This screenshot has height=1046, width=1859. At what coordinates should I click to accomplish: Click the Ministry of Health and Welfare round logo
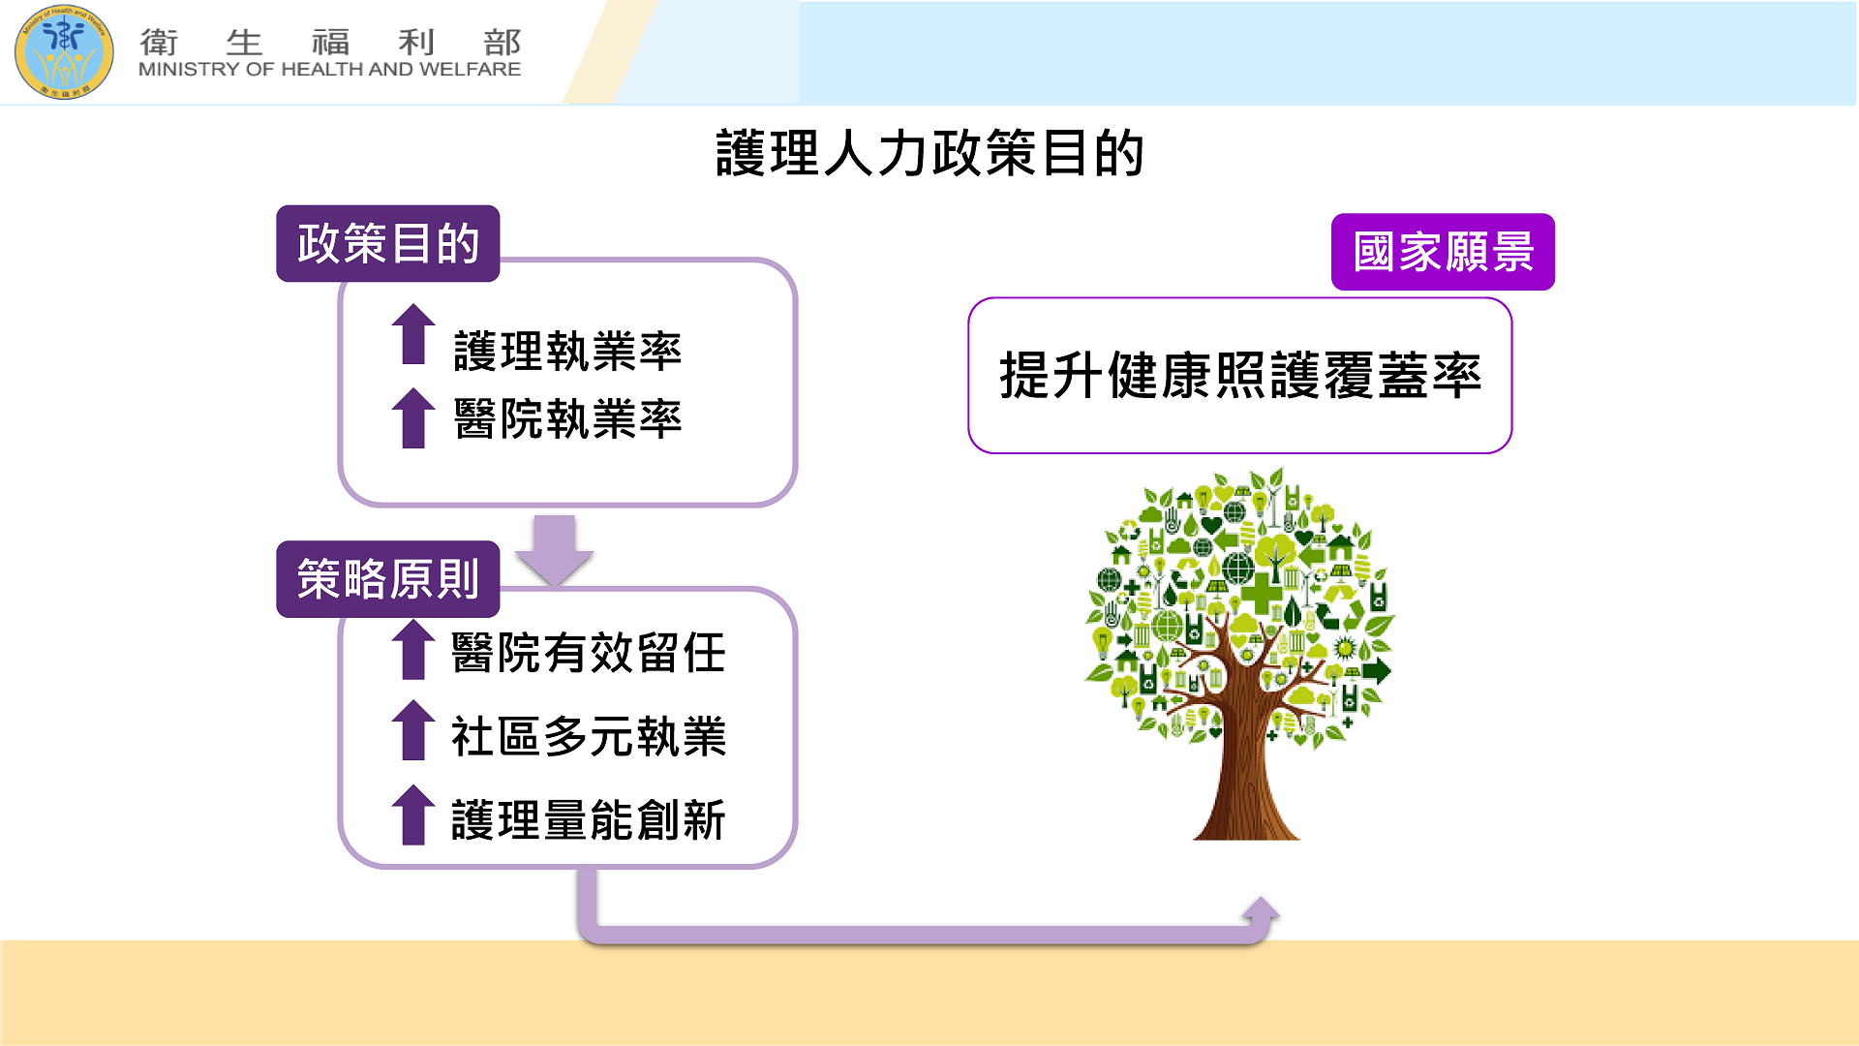(64, 52)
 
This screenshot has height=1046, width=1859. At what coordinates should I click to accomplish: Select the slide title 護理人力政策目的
(929, 153)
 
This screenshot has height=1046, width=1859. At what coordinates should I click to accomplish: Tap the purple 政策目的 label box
(388, 243)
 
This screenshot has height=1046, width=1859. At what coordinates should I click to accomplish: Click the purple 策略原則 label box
(388, 579)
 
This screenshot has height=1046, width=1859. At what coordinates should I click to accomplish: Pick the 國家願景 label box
(1443, 252)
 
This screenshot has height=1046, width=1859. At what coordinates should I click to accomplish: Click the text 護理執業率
(568, 351)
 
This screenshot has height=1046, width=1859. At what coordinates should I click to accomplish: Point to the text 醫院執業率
(568, 419)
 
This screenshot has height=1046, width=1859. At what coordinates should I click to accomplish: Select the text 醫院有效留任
(589, 653)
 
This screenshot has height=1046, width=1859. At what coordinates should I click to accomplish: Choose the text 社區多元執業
(589, 736)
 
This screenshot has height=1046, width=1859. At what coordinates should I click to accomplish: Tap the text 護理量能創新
(589, 820)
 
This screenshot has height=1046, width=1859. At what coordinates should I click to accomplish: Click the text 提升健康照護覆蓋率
(1240, 376)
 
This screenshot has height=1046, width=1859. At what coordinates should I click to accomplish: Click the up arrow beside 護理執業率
(413, 334)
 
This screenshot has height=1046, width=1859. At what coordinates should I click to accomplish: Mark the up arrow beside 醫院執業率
(413, 418)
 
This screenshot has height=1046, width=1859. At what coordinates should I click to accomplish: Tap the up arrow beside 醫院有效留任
(413, 649)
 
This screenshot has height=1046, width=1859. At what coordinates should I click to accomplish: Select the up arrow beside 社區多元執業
(413, 730)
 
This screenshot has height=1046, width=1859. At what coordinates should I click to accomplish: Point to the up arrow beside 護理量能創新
(413, 815)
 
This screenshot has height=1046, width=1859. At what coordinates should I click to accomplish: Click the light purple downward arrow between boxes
(555, 550)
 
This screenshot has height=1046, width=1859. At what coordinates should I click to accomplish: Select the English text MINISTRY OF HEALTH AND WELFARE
(330, 70)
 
